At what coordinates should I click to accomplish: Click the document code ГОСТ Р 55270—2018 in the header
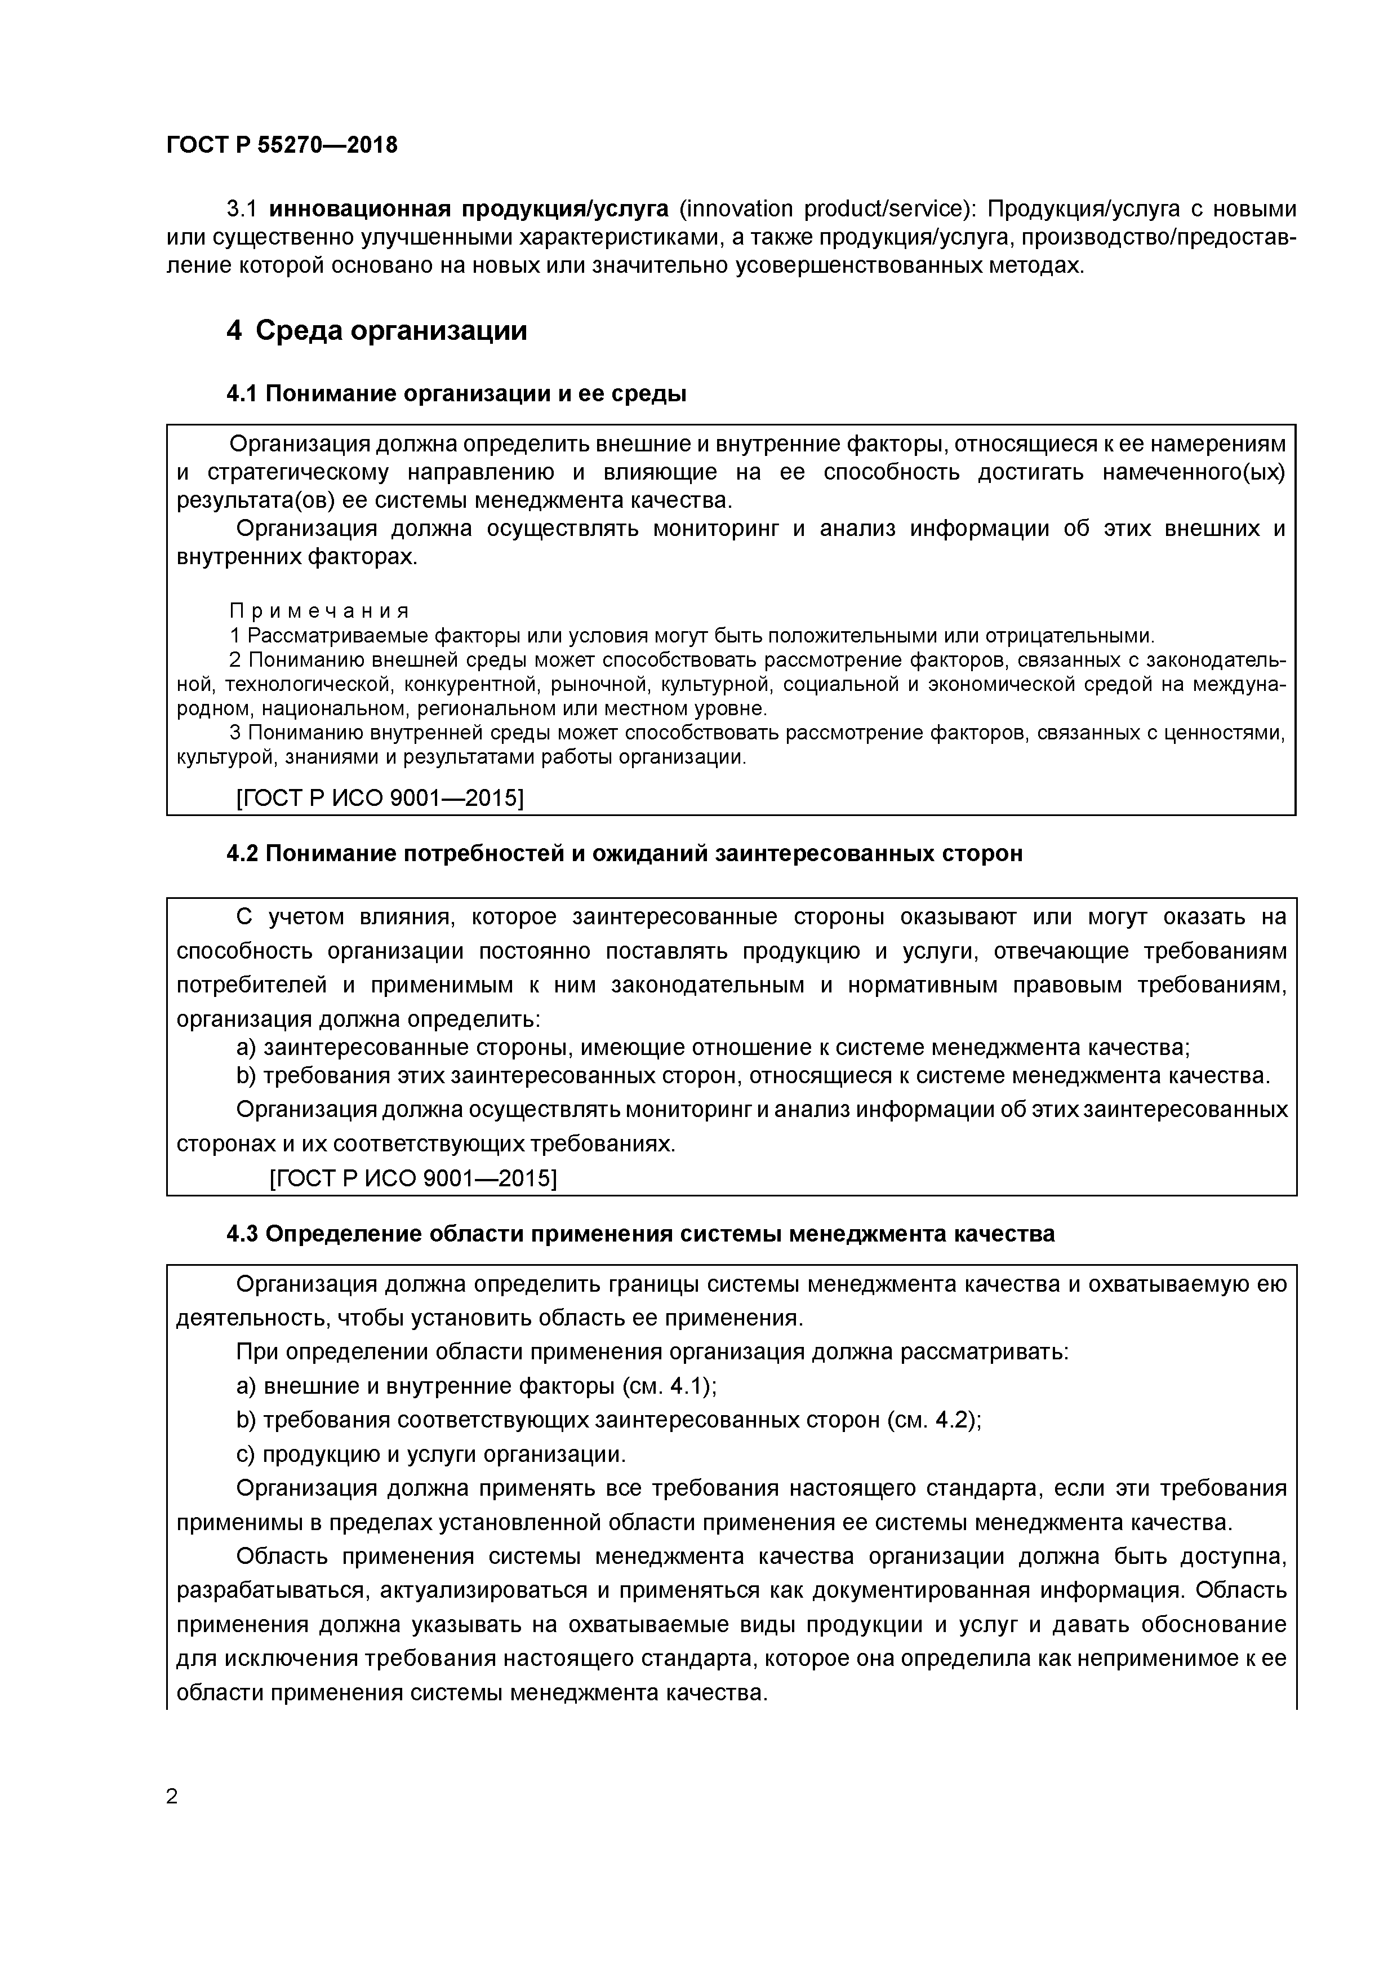pos(282,145)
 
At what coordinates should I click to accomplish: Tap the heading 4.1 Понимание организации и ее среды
pos(456,394)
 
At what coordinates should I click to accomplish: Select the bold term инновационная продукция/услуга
pos(469,209)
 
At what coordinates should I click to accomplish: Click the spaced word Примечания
pos(318,611)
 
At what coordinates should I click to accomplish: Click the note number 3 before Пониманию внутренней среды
pos(236,733)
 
